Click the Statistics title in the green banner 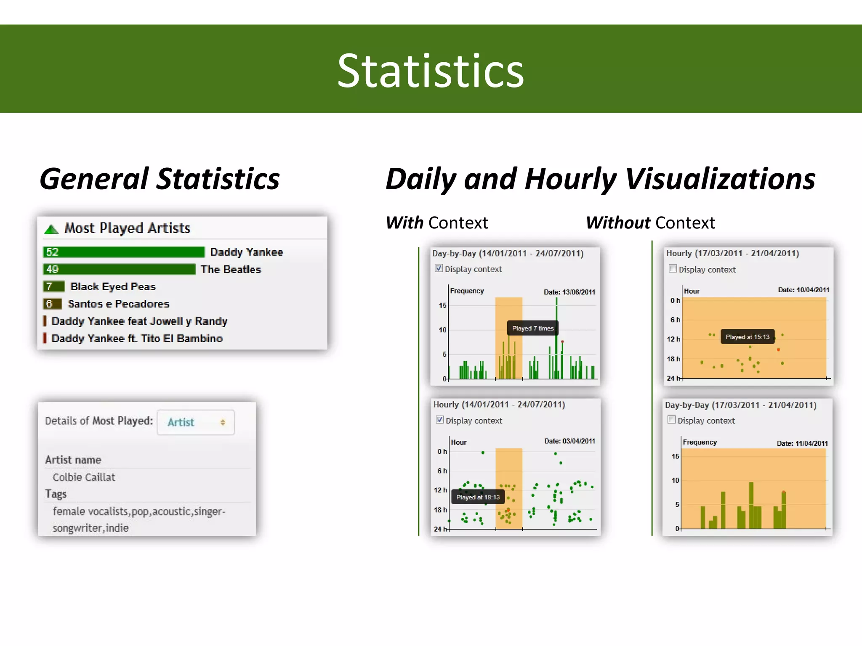(x=431, y=70)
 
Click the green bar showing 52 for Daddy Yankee (x=123, y=252)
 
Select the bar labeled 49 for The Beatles (x=119, y=269)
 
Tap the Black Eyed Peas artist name (x=113, y=286)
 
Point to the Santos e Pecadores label (x=118, y=304)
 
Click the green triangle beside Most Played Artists (x=51, y=229)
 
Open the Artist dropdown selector (x=196, y=422)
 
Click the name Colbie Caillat (x=84, y=477)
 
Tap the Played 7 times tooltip (x=532, y=328)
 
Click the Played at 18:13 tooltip (x=478, y=497)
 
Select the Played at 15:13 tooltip (x=747, y=337)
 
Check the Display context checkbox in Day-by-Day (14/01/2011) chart (x=439, y=268)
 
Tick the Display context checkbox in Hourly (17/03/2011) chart (x=673, y=269)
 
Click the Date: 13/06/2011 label (x=569, y=292)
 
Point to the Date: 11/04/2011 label (x=802, y=443)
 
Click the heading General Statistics (x=160, y=179)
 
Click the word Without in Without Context (x=618, y=223)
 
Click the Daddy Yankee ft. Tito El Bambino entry (x=137, y=339)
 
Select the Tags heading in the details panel (x=56, y=494)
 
